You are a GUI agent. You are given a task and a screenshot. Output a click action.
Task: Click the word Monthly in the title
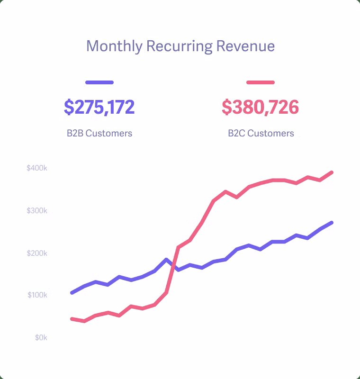[x=114, y=46]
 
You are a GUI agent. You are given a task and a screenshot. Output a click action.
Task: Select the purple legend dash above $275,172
[x=99, y=82]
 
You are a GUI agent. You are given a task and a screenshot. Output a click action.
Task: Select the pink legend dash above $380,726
[x=261, y=82]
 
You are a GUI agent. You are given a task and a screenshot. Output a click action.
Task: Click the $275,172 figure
[x=99, y=108]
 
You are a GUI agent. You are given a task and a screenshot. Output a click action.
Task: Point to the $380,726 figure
[x=261, y=108]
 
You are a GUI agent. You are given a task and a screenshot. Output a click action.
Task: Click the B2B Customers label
[x=99, y=133]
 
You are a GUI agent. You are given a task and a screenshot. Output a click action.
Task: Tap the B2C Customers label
[x=261, y=133]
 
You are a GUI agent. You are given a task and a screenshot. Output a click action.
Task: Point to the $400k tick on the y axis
[x=37, y=168]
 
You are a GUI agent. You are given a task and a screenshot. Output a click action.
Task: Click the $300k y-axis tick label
[x=37, y=210]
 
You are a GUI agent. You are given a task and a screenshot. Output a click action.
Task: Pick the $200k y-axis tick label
[x=37, y=253]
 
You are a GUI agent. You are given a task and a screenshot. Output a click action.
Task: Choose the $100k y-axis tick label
[x=37, y=295]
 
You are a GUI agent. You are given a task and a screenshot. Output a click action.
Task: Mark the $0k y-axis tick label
[x=40, y=338]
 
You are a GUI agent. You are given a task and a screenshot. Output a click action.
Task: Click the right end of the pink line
[x=332, y=172]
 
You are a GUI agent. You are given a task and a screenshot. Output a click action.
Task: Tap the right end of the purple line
[x=332, y=223]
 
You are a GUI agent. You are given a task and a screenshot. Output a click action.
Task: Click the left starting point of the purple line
[x=72, y=293]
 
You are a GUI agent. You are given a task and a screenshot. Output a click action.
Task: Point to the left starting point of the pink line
[x=72, y=319]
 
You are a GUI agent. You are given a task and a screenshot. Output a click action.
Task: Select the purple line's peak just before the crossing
[x=166, y=260]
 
